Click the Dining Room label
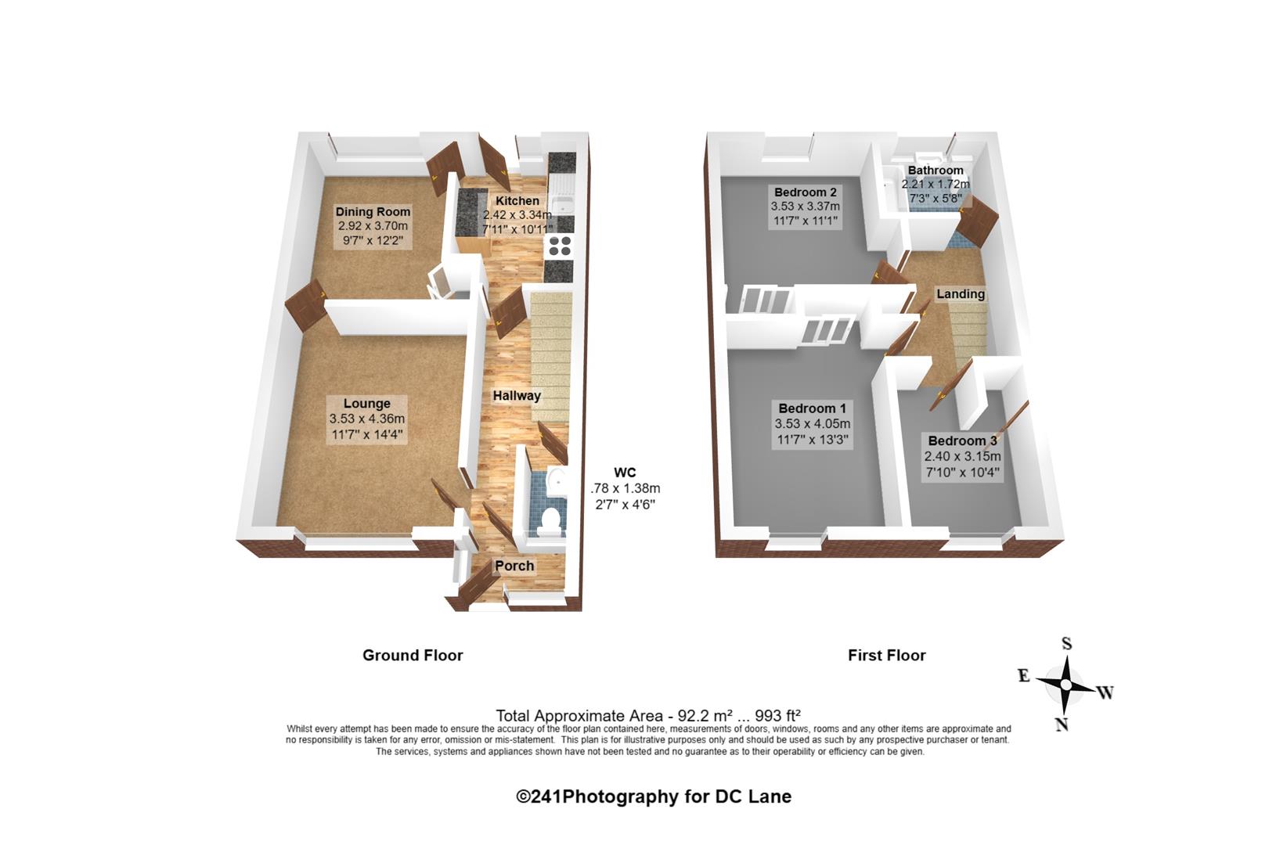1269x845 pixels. (x=373, y=212)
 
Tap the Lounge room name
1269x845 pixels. (x=367, y=403)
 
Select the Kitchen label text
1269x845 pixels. (x=517, y=201)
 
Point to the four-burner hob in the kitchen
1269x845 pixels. (x=559, y=246)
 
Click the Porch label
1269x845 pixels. (x=514, y=566)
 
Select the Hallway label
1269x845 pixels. (x=517, y=396)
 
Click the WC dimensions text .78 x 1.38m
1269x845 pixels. (x=625, y=488)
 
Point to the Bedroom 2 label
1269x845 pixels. (x=805, y=192)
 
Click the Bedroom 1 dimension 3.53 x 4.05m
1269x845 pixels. (x=813, y=423)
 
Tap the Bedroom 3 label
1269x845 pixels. (x=962, y=440)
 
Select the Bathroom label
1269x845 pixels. (x=936, y=171)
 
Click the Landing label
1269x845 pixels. (x=961, y=294)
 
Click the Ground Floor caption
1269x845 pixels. (x=413, y=656)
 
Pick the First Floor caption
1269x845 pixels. (x=887, y=656)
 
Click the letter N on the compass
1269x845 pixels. (x=1062, y=725)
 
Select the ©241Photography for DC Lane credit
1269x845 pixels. (x=653, y=796)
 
